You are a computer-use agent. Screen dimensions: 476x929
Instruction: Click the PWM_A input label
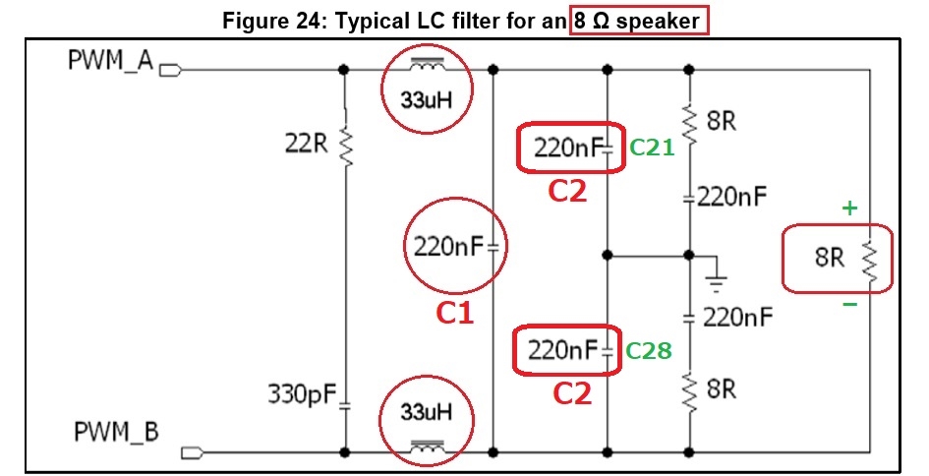tap(111, 61)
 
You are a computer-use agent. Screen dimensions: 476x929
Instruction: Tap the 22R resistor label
tap(306, 143)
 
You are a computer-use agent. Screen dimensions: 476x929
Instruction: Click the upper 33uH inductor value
tap(426, 99)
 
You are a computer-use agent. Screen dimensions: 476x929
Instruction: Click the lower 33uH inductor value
tap(426, 413)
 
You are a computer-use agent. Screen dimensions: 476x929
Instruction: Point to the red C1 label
tap(455, 314)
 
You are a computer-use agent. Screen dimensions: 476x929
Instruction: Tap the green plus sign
tap(848, 208)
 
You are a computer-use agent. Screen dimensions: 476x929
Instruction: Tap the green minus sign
tap(848, 305)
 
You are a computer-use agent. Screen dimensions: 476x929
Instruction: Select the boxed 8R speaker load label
tap(830, 258)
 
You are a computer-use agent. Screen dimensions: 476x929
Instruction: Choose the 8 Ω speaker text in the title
tap(638, 19)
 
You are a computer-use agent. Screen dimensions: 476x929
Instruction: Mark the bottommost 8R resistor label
tap(722, 388)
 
